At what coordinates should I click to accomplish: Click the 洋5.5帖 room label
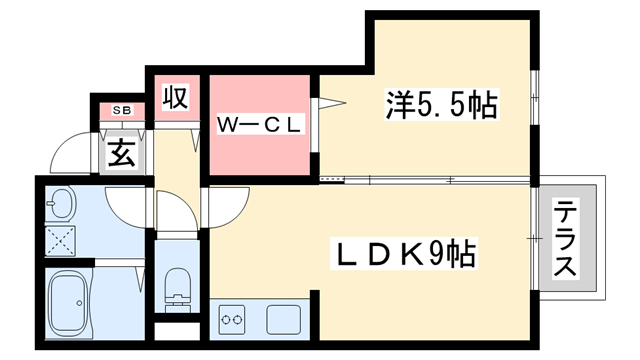coord(441,105)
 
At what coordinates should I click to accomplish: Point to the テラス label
coord(566,240)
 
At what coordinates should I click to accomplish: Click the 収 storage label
coord(176,99)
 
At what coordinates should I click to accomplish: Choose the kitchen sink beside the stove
coord(283,320)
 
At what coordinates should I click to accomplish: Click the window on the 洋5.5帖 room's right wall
coord(536,100)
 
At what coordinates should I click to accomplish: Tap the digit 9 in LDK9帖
coord(439,254)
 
